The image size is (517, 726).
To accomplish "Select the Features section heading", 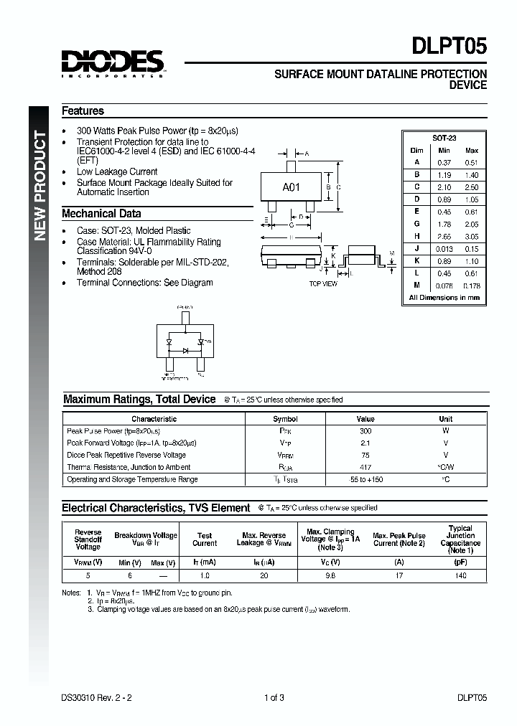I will (83, 111).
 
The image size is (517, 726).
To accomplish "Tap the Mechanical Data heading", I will (101, 214).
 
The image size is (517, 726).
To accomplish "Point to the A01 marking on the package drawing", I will (291, 187).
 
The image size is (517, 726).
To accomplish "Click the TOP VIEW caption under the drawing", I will (322, 284).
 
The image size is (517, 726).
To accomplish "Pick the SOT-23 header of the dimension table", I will (444, 138).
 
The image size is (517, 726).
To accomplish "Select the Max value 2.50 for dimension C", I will (471, 187).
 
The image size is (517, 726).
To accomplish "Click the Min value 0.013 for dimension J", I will (444, 248).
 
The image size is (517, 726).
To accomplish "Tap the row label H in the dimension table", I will (416, 236).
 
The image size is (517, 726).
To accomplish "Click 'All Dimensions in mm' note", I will (444, 297).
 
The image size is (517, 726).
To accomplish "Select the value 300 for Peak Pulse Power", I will (365, 431).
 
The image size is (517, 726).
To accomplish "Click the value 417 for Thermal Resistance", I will (365, 467).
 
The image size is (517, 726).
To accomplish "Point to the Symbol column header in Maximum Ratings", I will (285, 419).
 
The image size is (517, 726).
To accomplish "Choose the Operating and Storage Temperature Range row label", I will (132, 479).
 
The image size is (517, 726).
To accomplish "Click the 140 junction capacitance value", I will (460, 575).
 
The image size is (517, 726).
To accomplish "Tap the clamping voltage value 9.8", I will (330, 575).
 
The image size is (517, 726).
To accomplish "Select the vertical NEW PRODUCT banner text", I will (40, 187).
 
